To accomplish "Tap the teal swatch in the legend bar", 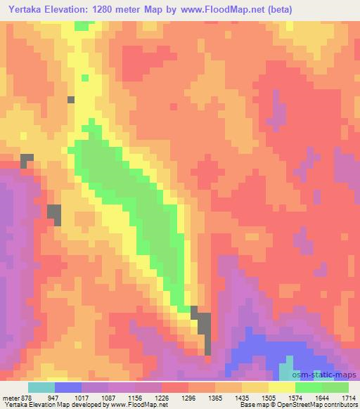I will [41, 387].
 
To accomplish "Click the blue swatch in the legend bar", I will [68, 387].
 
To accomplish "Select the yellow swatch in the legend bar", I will [281, 387].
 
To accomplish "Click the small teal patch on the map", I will [287, 370].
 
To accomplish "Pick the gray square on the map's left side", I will [54, 214].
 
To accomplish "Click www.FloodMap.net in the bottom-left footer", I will [134, 405].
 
